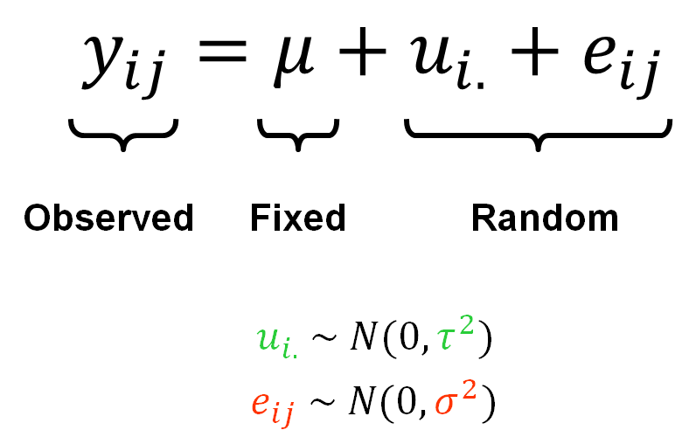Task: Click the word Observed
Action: tap(108, 218)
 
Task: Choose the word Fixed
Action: tap(297, 218)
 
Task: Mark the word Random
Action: tap(544, 218)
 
